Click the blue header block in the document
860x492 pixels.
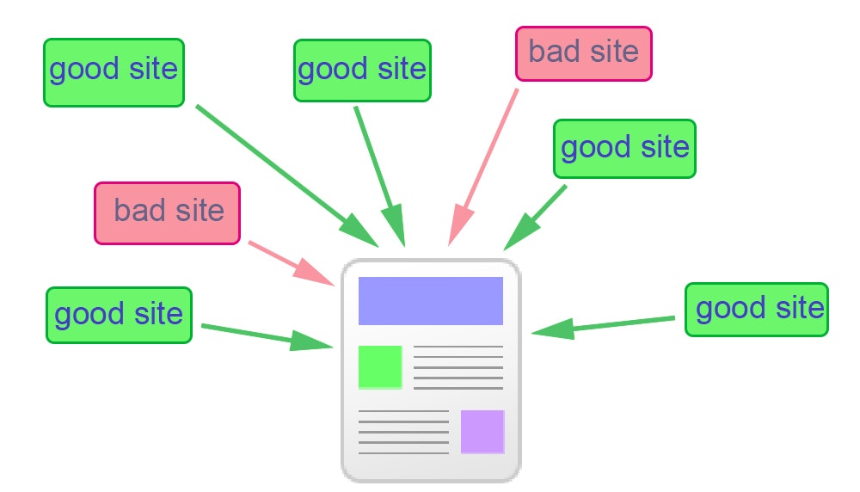point(430,300)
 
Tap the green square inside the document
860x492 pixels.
point(380,367)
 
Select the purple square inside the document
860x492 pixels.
point(482,432)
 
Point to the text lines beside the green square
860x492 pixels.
point(458,367)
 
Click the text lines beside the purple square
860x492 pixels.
point(403,432)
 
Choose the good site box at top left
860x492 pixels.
point(114,72)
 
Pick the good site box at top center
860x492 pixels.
point(362,71)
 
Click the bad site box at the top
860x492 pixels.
point(584,53)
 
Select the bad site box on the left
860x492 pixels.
point(168,212)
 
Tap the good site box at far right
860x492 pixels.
point(757,310)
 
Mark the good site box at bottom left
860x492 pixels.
point(119,315)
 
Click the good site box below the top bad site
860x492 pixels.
point(624,149)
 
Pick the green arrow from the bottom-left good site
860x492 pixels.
point(267,336)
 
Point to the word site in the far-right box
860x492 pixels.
point(793,308)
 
